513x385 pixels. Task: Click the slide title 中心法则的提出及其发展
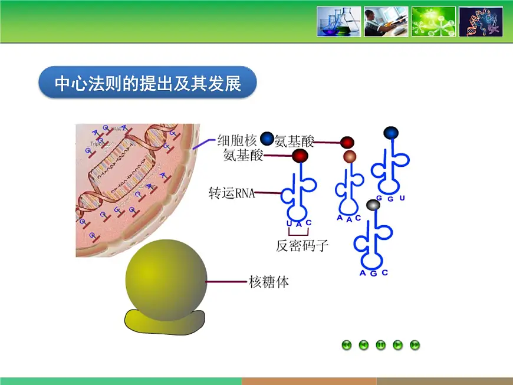[147, 84]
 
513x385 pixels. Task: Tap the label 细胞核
[236, 140]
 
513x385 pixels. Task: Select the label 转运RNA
[232, 193]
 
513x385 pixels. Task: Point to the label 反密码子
[301, 246]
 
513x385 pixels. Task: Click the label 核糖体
[268, 282]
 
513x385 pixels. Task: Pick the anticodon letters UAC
[298, 223]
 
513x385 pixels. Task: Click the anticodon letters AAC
[348, 218]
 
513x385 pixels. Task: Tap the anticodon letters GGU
[390, 198]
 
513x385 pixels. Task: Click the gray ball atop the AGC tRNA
[373, 205]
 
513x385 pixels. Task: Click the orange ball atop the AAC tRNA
[350, 156]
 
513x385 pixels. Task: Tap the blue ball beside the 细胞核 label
[267, 139]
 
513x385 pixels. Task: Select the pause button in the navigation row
[381, 345]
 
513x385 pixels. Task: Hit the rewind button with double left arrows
[347, 345]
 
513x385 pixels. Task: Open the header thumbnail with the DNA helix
[481, 22]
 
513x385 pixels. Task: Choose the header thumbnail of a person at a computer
[386, 22]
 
